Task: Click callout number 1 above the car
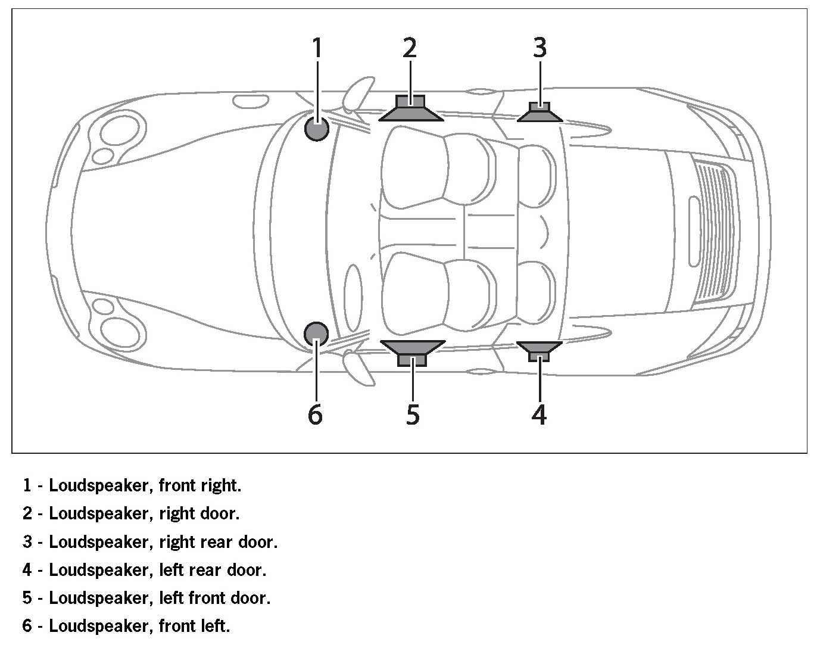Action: [x=317, y=48]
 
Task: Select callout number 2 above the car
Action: [x=410, y=48]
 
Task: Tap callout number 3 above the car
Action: [x=540, y=48]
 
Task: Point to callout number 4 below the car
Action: [x=539, y=415]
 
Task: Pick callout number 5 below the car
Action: [x=413, y=415]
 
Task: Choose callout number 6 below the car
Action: [x=315, y=415]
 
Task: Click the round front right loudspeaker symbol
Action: [x=317, y=128]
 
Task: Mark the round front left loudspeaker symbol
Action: [x=316, y=334]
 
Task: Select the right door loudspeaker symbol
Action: [x=411, y=108]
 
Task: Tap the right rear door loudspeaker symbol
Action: [x=540, y=112]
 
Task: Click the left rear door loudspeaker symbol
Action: [x=539, y=350]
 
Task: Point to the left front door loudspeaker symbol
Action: [x=412, y=351]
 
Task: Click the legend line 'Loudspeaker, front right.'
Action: [x=132, y=485]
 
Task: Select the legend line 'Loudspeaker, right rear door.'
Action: [x=150, y=542]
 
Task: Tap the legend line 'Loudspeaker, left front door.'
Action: [x=146, y=598]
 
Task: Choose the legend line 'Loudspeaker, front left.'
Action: [x=126, y=626]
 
